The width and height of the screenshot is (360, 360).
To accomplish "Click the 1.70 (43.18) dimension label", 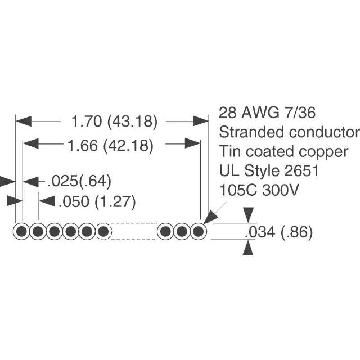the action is [115, 121].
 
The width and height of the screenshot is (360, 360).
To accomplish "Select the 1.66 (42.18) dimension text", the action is [110, 146].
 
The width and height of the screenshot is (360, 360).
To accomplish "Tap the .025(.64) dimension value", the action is [79, 181].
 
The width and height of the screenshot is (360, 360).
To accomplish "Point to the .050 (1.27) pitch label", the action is [97, 202].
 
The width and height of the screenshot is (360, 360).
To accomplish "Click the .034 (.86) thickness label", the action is [279, 232].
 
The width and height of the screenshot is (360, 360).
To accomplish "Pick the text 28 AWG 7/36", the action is [267, 112].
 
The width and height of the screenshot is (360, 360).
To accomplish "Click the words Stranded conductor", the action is [289, 132].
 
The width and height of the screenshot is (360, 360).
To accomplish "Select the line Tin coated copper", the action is [283, 152].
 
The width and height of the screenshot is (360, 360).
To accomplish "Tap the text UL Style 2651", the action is [269, 171].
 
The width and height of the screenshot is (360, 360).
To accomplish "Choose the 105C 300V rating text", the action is [259, 190].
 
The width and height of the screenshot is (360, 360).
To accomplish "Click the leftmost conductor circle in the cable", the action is [21, 231].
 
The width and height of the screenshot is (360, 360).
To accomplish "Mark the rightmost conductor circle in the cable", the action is [199, 231].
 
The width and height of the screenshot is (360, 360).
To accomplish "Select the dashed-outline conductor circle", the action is [103, 231].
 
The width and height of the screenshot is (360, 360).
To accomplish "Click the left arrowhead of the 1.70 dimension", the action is [24, 121].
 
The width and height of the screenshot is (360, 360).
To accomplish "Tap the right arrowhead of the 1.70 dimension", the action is [201, 121].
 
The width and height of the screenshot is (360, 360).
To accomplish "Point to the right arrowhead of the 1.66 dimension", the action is [193, 143].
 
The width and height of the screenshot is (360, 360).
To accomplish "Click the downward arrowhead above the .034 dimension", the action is [249, 215].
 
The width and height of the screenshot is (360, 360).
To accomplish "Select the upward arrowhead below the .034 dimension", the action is [248, 247].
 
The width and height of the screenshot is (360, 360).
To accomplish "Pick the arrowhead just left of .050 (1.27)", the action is [47, 201].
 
